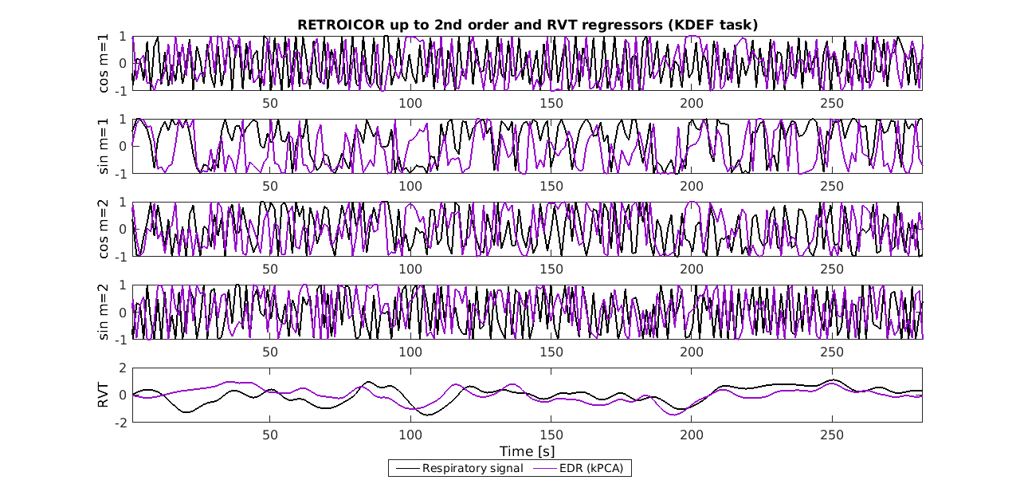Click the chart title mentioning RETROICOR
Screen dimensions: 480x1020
click(x=527, y=25)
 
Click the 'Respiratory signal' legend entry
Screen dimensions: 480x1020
click(x=473, y=468)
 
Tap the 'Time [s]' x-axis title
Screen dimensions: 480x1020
click(x=527, y=451)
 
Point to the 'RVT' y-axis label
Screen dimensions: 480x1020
click(x=104, y=395)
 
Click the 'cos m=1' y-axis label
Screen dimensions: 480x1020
click(x=104, y=63)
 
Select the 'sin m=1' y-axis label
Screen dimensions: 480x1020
click(x=104, y=146)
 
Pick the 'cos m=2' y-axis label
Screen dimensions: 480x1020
click(x=104, y=229)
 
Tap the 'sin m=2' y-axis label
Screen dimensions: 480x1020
click(x=104, y=312)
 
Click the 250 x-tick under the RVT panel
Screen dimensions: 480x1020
click(x=832, y=435)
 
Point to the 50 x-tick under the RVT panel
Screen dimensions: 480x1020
click(x=270, y=435)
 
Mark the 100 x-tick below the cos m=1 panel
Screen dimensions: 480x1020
click(x=410, y=103)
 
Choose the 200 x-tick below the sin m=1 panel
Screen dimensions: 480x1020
click(x=692, y=186)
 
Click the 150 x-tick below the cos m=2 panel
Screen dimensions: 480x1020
click(x=551, y=269)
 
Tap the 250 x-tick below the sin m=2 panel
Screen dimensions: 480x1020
click(x=832, y=352)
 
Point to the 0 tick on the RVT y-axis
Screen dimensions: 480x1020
click(x=123, y=395)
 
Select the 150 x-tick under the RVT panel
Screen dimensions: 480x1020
click(x=551, y=435)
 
